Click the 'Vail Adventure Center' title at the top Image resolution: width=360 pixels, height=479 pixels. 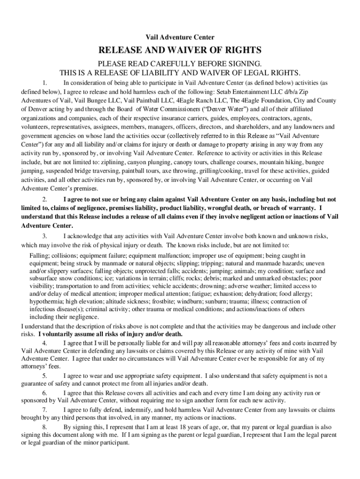click(x=180, y=37)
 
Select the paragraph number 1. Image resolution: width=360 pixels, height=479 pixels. click(x=45, y=83)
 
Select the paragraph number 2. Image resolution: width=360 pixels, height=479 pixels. click(x=45, y=199)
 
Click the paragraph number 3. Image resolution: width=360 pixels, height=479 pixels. click(x=45, y=235)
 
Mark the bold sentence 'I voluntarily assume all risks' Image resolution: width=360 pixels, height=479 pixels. click(x=110, y=334)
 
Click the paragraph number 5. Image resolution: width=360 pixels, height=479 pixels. click(x=45, y=376)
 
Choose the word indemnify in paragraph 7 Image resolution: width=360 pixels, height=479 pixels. click(x=132, y=410)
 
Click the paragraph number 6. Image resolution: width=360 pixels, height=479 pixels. click(x=45, y=393)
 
